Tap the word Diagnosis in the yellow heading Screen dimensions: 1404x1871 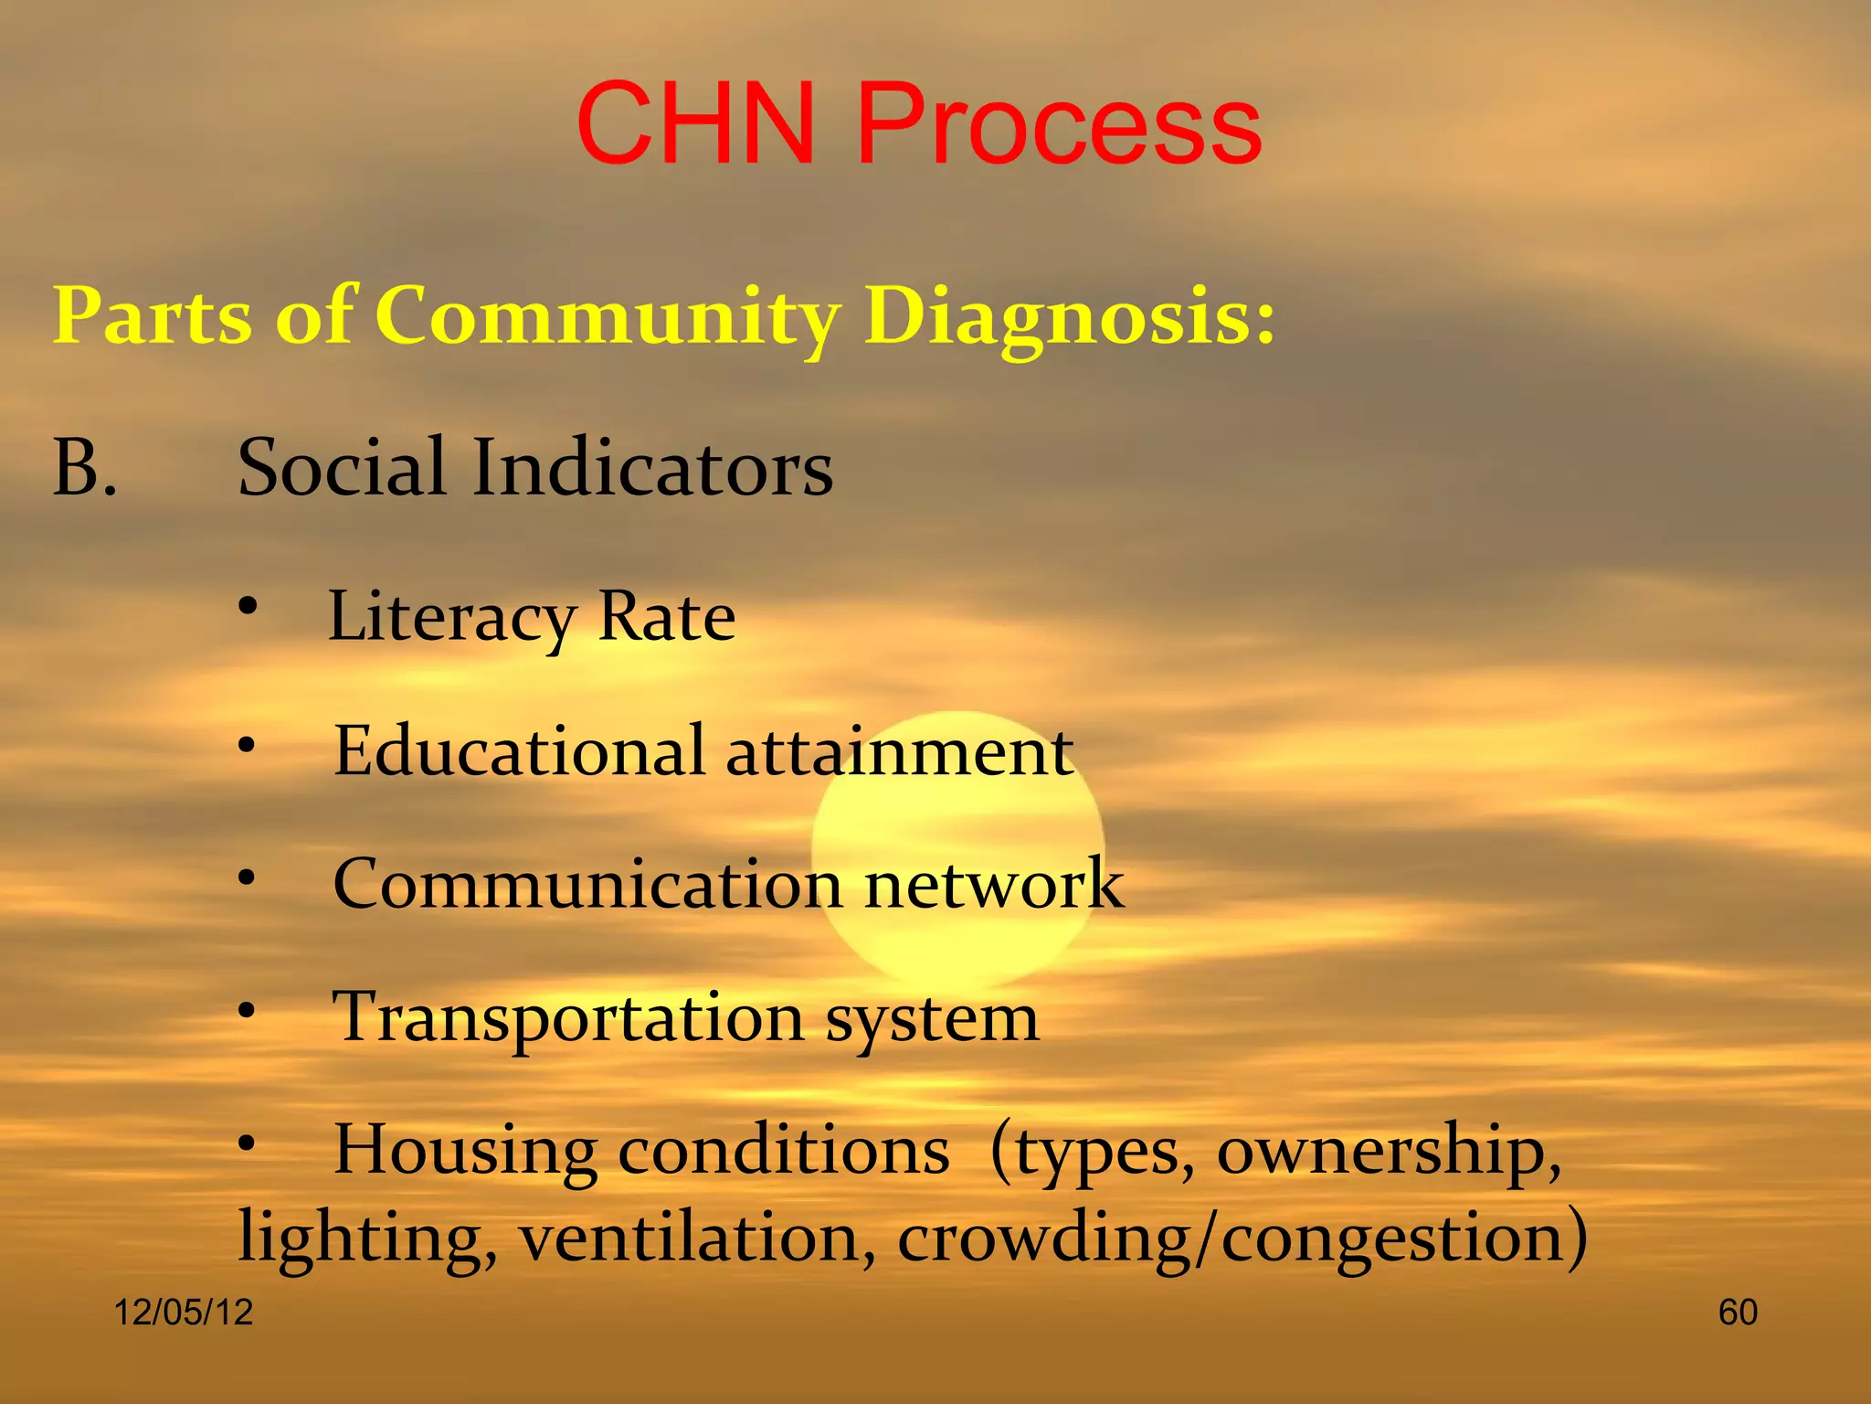click(x=1069, y=316)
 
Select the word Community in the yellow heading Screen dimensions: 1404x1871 click(x=608, y=316)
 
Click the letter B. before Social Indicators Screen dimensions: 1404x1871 click(x=84, y=468)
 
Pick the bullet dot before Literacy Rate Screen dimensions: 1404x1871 click(x=248, y=606)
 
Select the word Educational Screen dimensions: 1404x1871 click(x=519, y=751)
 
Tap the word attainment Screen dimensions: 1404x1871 click(x=899, y=751)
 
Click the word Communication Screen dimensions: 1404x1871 click(x=587, y=884)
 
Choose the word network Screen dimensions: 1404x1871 click(x=994, y=884)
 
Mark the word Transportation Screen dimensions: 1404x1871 click(x=567, y=1018)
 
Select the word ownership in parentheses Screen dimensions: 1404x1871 click(x=1388, y=1151)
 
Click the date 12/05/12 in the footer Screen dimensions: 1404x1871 click(x=183, y=1313)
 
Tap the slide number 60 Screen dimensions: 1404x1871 click(x=1738, y=1313)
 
